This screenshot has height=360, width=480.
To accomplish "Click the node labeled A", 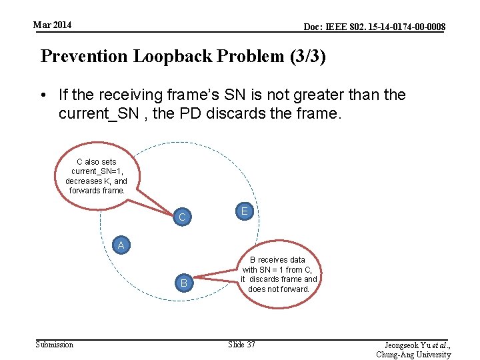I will click(121, 245).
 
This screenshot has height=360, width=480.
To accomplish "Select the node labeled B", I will click(183, 283).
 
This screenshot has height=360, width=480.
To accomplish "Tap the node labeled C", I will click(182, 217).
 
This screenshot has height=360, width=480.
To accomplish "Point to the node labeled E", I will click(245, 211).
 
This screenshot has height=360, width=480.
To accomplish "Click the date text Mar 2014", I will click(53, 25).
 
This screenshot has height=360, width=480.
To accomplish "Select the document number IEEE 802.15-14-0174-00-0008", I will click(375, 27).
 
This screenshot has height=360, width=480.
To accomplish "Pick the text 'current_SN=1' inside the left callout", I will click(97, 171).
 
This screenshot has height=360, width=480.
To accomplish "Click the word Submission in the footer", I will click(55, 344).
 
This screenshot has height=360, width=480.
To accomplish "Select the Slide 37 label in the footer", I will click(241, 344).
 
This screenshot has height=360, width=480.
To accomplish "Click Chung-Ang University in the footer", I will click(413, 355).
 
